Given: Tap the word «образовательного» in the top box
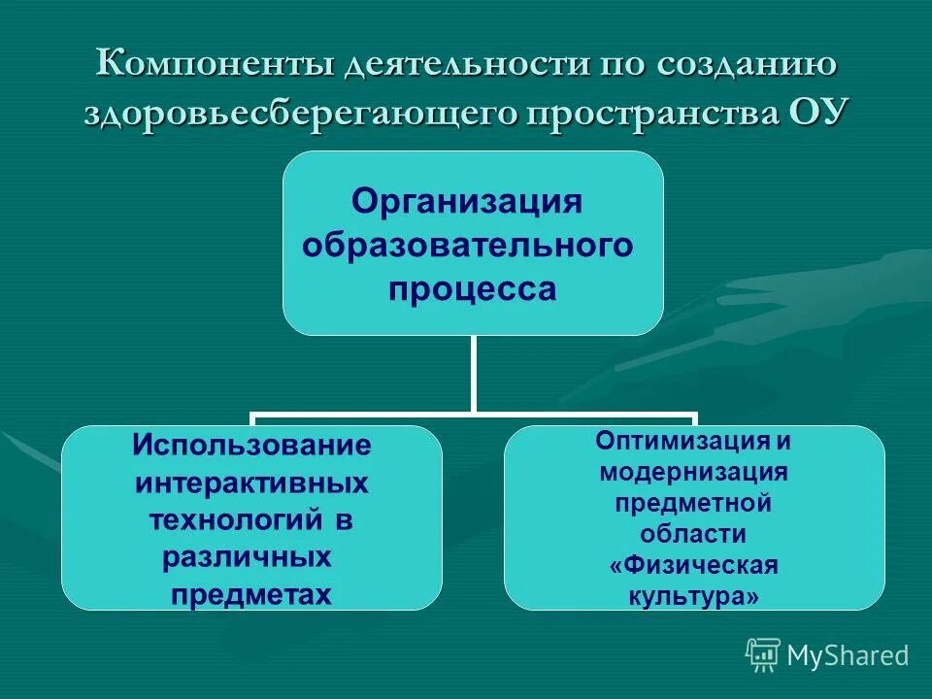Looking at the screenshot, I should click(468, 246).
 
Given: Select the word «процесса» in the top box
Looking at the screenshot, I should click(473, 289).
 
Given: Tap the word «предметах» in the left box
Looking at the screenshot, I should click(250, 593).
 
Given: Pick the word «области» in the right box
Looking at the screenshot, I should click(693, 534).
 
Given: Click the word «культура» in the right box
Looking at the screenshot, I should click(693, 597).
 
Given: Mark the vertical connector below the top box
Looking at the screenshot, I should click(473, 374).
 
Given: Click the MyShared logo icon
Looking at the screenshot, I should click(763, 654).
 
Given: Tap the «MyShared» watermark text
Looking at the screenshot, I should click(848, 656).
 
